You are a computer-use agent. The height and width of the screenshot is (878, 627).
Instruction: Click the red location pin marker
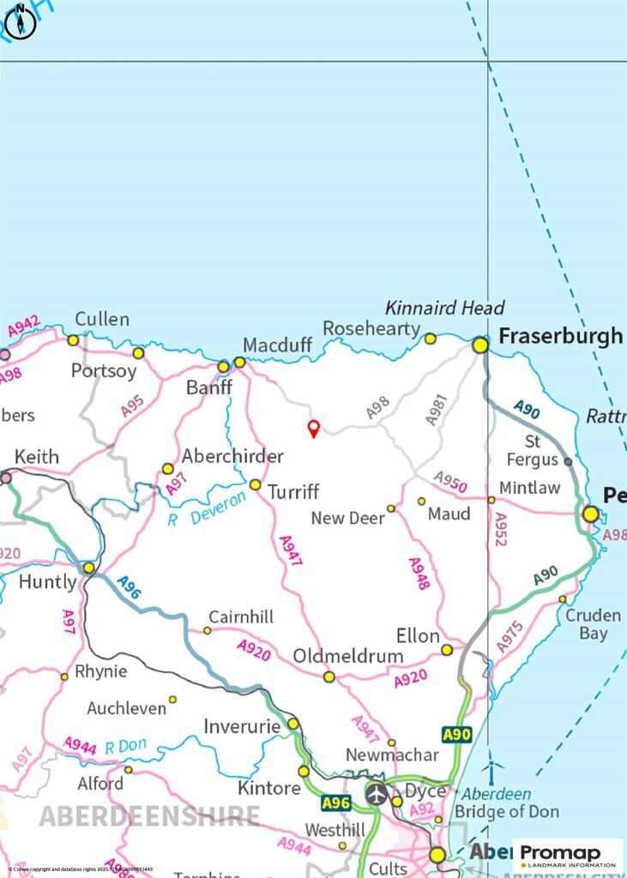click(314, 429)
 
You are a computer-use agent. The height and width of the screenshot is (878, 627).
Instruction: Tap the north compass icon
click(21, 23)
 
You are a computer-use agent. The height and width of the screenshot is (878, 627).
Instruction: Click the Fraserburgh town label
click(561, 336)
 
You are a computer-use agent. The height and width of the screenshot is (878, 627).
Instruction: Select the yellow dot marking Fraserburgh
click(480, 345)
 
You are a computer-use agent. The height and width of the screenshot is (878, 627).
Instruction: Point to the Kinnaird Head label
click(444, 308)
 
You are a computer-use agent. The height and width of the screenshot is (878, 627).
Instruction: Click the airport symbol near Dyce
click(377, 794)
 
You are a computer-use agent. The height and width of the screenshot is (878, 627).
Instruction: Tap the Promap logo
click(568, 855)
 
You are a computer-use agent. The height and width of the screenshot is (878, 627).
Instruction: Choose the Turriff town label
click(293, 492)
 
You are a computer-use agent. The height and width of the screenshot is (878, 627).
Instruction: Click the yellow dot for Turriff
click(255, 484)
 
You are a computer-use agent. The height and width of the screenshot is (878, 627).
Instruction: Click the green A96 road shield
click(337, 803)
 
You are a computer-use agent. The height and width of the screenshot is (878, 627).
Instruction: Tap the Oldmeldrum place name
click(348, 656)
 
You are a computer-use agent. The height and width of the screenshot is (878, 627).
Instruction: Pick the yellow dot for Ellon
click(447, 650)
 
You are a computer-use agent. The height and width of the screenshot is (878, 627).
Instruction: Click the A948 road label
click(419, 573)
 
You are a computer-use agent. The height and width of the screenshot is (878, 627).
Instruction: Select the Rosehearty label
click(371, 328)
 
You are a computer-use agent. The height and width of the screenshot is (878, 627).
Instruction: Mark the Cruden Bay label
click(593, 624)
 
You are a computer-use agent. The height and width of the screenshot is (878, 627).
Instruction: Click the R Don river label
click(126, 747)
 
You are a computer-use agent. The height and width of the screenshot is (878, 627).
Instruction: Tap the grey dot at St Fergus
click(568, 461)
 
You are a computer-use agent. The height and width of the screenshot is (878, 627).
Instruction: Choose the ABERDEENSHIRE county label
click(149, 815)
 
